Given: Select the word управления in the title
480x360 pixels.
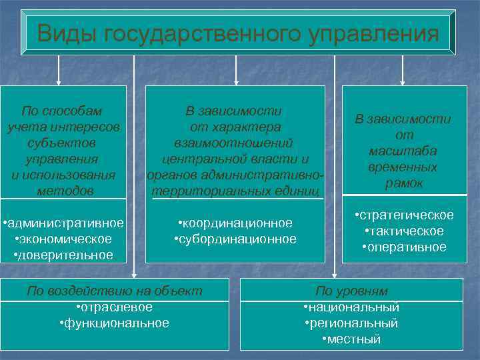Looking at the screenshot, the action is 375,33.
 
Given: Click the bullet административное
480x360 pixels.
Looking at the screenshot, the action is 63,223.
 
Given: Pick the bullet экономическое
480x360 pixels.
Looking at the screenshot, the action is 63,239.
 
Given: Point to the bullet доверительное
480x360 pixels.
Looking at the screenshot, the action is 63,255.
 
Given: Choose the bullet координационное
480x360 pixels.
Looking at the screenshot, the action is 235,223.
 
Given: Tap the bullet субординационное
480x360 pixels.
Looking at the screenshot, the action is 235,239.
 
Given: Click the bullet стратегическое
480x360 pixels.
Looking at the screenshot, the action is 403,215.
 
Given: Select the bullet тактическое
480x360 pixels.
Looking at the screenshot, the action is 403,231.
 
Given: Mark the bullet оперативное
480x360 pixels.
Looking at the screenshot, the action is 403,247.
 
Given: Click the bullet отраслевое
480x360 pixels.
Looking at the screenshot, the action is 114,307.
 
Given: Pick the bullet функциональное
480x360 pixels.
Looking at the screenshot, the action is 114,323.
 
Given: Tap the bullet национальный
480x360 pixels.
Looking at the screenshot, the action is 351,307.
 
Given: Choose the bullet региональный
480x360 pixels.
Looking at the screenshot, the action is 351,323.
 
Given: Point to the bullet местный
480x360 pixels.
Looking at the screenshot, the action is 351,339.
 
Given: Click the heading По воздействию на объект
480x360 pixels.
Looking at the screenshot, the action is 114,291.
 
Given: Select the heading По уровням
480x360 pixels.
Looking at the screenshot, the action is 351,291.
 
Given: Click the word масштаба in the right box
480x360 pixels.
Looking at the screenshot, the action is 403,151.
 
